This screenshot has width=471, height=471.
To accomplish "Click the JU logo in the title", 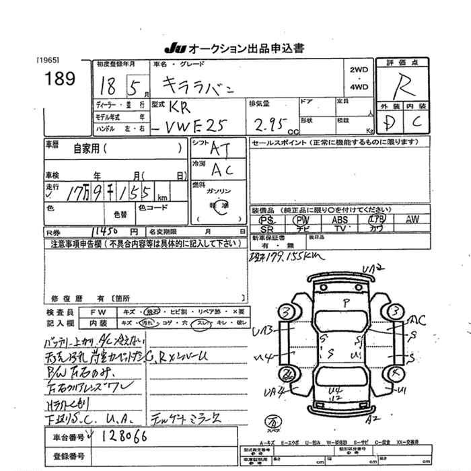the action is click(174, 48).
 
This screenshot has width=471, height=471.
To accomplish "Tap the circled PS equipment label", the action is click(267, 220).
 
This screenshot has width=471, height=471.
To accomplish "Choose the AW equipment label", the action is click(412, 219).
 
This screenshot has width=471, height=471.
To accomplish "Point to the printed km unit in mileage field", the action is click(162, 198).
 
